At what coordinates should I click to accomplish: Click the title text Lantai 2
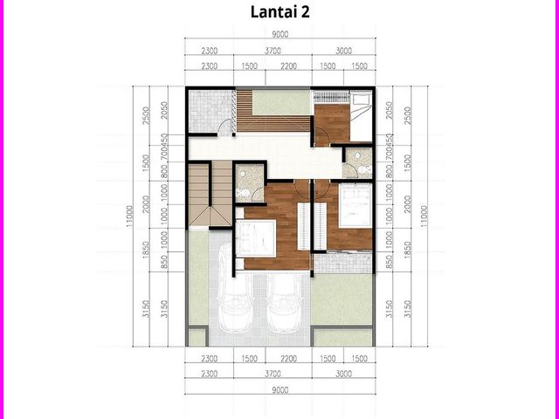(279, 11)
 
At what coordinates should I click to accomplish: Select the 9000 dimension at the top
(279, 34)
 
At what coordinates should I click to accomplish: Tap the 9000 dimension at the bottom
(279, 390)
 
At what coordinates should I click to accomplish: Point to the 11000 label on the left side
(129, 216)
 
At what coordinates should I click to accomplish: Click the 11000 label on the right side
(424, 216)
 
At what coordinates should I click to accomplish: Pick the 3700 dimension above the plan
(273, 51)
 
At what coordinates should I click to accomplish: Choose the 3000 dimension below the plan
(343, 374)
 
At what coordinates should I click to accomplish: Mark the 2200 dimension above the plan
(289, 66)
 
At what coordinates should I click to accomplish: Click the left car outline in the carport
(235, 289)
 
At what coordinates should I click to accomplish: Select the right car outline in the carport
(285, 303)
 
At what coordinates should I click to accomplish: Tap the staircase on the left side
(210, 195)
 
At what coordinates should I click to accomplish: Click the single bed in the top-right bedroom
(361, 115)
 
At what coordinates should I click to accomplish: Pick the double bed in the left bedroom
(256, 237)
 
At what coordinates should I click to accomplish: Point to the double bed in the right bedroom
(355, 205)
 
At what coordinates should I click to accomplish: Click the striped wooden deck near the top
(273, 111)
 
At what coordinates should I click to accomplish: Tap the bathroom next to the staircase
(250, 182)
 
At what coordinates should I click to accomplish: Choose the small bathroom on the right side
(358, 162)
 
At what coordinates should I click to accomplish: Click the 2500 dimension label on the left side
(146, 115)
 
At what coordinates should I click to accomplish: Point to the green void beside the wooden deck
(281, 103)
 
